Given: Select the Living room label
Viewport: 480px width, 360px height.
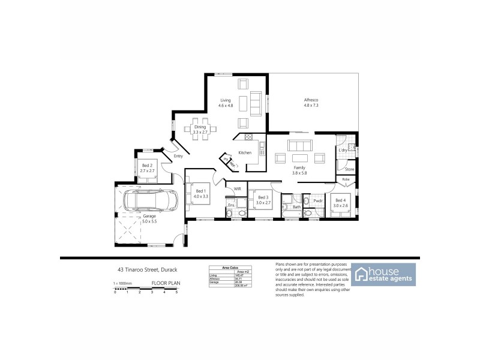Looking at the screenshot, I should (226, 101).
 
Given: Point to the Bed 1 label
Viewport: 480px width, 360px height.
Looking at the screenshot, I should (200, 191).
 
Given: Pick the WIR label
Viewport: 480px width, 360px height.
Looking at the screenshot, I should (238, 188).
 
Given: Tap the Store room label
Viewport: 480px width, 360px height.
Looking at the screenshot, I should (349, 170).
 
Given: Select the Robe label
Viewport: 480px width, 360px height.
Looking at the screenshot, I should (346, 179).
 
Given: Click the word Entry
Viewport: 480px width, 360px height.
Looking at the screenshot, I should (178, 157).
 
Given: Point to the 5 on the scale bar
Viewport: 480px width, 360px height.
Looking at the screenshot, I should (176, 292).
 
